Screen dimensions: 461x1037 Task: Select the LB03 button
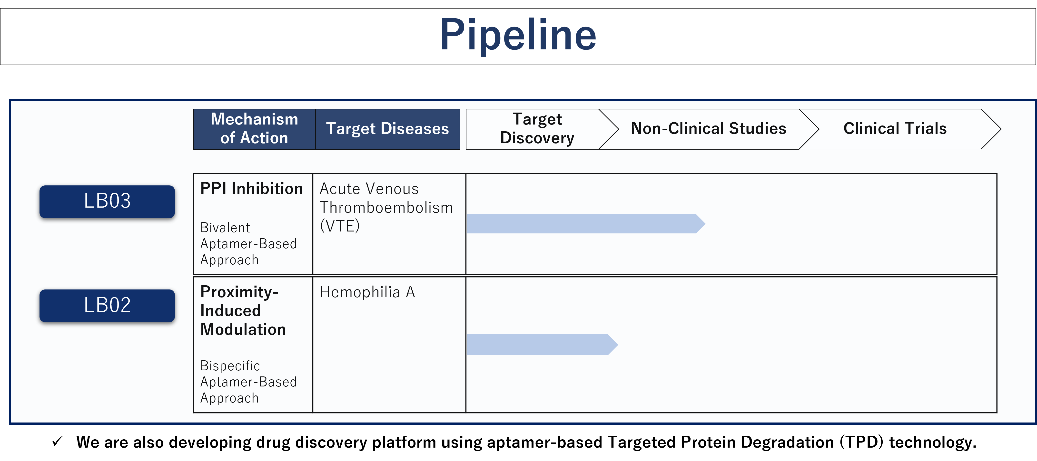(107, 201)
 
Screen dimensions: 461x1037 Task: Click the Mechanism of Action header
(254, 129)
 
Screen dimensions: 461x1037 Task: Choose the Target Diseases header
(387, 129)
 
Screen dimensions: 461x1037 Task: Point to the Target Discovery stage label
(537, 129)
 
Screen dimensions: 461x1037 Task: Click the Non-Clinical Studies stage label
(708, 129)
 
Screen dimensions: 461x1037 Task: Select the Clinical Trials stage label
(895, 129)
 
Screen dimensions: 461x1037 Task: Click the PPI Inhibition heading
(252, 189)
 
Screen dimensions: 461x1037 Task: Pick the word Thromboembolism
(386, 208)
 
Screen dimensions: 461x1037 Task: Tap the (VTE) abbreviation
(339, 226)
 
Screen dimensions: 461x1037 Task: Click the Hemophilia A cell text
(367, 292)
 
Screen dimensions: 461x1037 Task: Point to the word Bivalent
(225, 228)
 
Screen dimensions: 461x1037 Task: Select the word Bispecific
(230, 366)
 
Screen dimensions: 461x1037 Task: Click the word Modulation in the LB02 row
(243, 329)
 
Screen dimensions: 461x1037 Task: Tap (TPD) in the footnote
(861, 442)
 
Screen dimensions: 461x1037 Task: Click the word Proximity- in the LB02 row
(239, 292)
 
